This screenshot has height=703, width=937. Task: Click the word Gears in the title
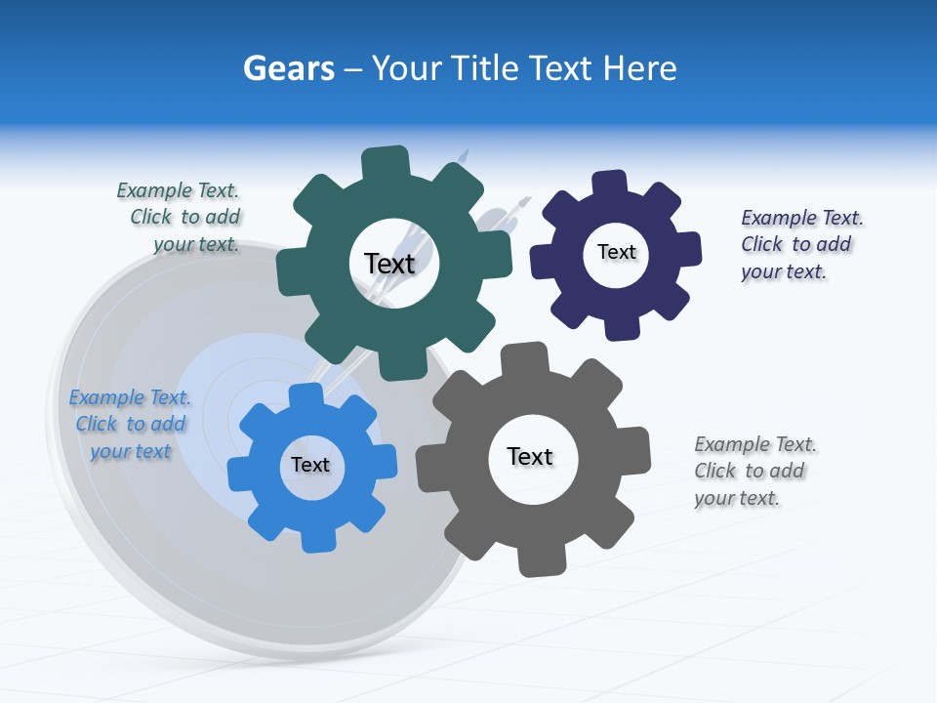(289, 68)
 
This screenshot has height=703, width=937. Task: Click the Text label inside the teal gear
(389, 264)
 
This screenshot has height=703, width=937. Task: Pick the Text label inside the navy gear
(616, 252)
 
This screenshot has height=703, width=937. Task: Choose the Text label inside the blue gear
(310, 465)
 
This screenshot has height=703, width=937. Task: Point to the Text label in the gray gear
(530, 456)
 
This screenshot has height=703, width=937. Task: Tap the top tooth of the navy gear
(609, 184)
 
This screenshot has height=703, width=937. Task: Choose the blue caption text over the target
(130, 424)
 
